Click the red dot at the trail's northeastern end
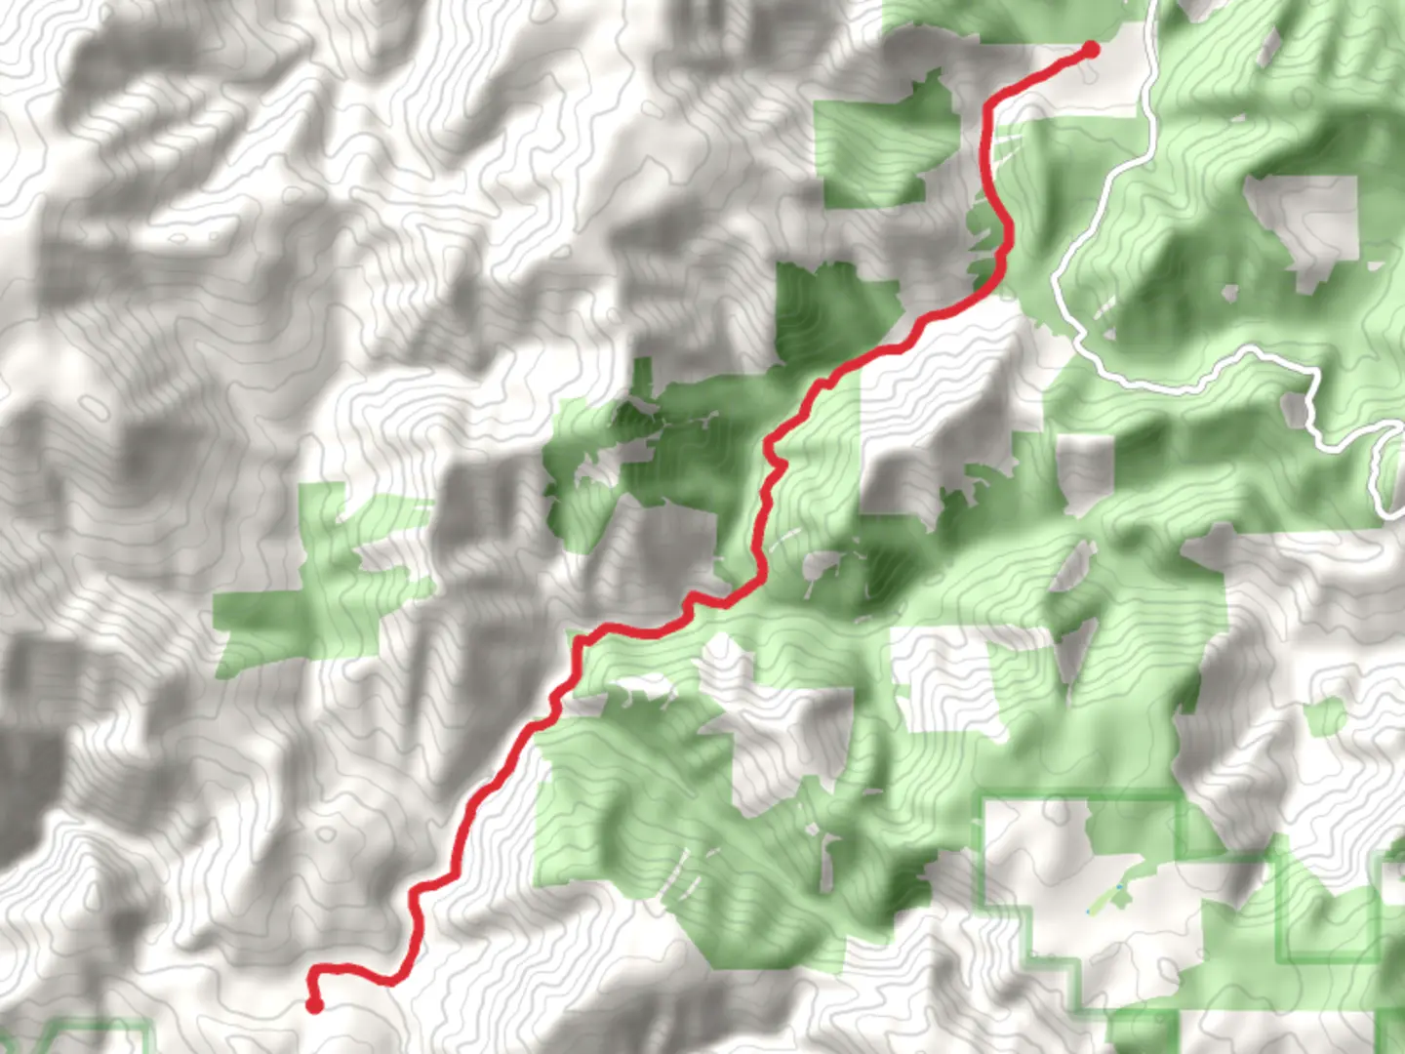1091,50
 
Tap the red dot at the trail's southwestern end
314,1004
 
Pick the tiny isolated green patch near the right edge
1324,717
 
